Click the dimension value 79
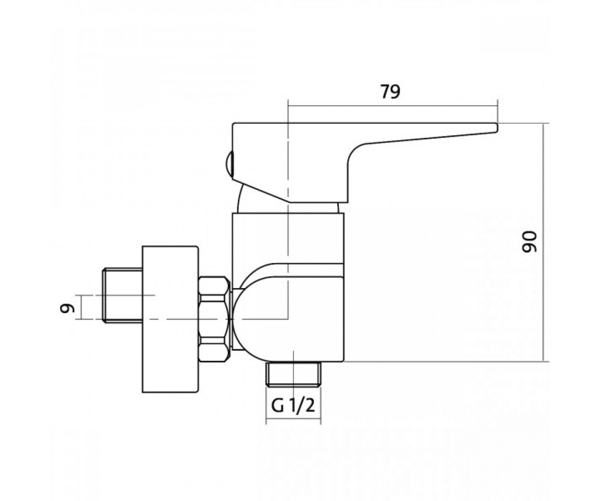[390, 92]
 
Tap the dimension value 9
[67, 308]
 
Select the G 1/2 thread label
[293, 405]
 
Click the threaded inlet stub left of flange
[123, 296]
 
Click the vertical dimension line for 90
[543, 242]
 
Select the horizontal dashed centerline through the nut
[196, 319]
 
